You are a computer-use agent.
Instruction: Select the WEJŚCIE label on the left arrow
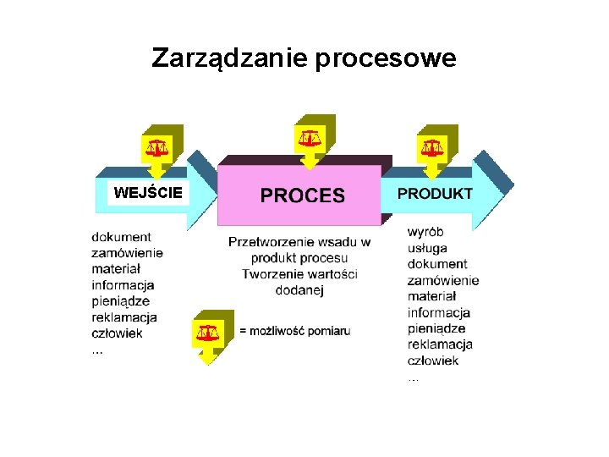coord(148,193)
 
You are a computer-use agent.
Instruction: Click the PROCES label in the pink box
coord(302,196)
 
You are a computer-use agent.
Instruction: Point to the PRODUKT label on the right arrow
coord(435,193)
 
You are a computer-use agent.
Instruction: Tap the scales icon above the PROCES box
coord(310,135)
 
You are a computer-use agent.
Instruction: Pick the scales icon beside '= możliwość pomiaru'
coord(208,332)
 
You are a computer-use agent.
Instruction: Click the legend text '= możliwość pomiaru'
coord(294,331)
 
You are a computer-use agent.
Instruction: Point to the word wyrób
coord(425,231)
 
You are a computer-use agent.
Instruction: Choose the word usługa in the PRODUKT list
coord(427,247)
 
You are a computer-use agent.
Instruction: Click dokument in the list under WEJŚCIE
coord(122,237)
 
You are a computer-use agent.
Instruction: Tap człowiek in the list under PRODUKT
coord(433,361)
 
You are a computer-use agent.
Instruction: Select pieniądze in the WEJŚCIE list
coord(121,300)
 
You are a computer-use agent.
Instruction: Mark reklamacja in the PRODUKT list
coord(440,344)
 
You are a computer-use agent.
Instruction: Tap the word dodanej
coord(300,290)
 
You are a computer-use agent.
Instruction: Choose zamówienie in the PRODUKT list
coord(443,280)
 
